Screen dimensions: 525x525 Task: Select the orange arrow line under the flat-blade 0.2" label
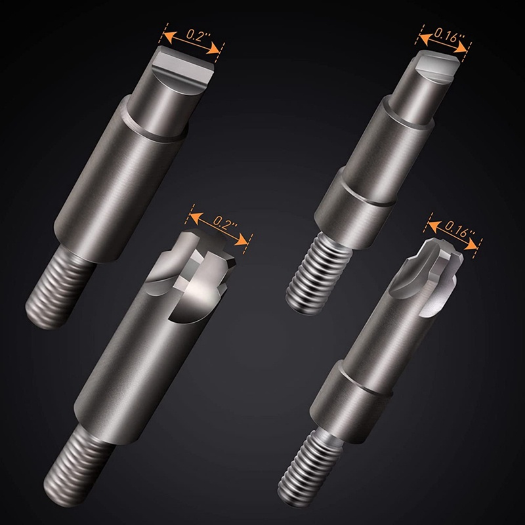point(194,43)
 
